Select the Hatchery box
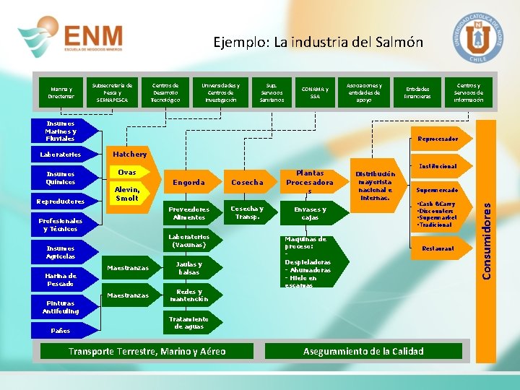point(129,154)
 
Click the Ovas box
point(127,173)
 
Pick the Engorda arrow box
point(189,183)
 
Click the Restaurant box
point(438,248)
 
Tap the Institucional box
point(438,166)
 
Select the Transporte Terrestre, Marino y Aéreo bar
point(147,352)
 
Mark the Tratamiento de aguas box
point(188,323)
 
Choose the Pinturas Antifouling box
point(62,307)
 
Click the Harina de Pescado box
point(61,279)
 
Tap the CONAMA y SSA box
point(314,92)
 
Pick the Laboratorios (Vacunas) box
point(188,241)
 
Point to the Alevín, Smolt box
point(127,194)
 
